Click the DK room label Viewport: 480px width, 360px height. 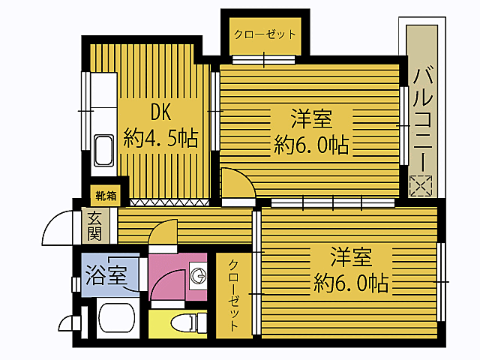click(x=161, y=112)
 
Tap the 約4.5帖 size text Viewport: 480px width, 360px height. click(x=161, y=138)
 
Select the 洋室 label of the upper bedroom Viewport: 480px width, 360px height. click(x=312, y=118)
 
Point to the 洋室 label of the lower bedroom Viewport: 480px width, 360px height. click(x=351, y=257)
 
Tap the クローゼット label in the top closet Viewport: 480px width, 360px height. click(x=265, y=34)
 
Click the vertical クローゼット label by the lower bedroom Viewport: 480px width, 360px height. click(x=234, y=295)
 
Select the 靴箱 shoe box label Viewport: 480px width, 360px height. click(x=106, y=196)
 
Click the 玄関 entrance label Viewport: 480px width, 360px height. click(x=94, y=226)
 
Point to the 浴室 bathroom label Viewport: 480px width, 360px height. click(x=106, y=274)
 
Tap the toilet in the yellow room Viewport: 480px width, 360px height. click(x=183, y=323)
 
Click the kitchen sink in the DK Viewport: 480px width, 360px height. click(x=103, y=152)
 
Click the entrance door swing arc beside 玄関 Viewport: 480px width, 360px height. click(x=58, y=224)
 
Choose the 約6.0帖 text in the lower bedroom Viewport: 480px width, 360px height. click(x=351, y=283)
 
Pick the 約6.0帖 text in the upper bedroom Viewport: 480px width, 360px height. click(x=312, y=145)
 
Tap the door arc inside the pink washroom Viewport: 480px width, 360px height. click(x=169, y=282)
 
